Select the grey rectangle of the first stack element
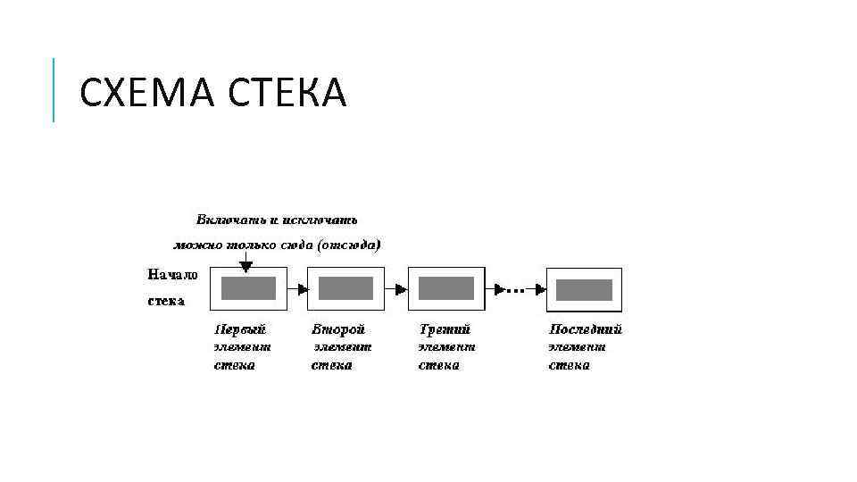pos(248,288)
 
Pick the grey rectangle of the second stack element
pos(345,288)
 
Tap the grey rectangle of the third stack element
pos(446,288)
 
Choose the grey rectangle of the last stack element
pos(585,290)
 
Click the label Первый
pos(240,329)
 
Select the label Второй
pos(338,329)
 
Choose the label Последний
pos(585,329)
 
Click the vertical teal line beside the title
pos(54,89)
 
